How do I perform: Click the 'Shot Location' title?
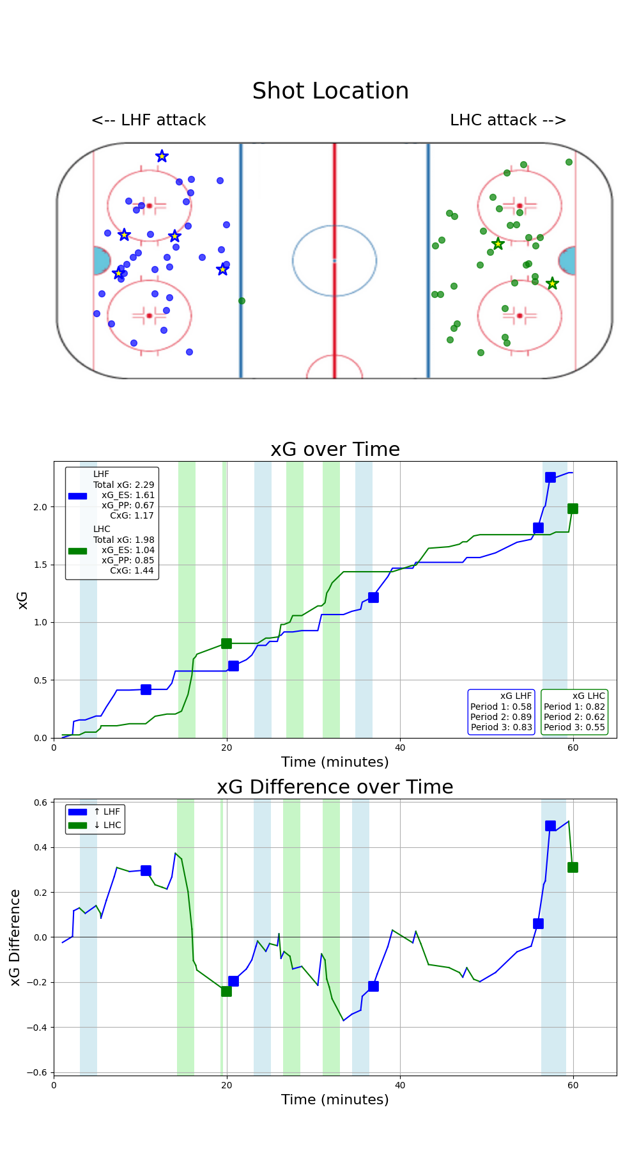330,91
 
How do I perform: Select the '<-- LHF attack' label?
149,120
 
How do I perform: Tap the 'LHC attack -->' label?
508,120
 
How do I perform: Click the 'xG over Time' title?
335,450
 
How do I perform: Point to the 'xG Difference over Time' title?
335,787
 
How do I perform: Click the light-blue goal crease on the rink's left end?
101,261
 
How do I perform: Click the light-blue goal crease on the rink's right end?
567,261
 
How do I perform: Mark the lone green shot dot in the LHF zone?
242,301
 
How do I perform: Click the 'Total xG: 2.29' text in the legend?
124,485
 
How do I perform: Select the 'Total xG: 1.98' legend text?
124,540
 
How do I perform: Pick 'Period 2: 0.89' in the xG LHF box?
501,717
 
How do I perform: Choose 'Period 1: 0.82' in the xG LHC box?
574,707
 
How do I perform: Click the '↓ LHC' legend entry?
107,825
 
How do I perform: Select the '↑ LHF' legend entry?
107,811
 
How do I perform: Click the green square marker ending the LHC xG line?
573,508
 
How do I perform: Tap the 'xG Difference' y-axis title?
15,937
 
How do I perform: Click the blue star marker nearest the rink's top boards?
162,156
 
